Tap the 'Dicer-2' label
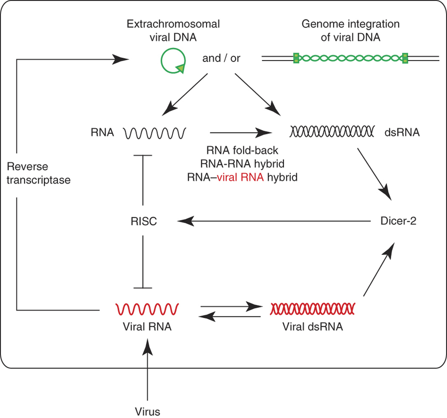398,221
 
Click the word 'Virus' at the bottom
148,411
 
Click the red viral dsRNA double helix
312,308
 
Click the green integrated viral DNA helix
350,58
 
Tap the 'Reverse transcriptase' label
39,174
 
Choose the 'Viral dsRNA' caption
312,326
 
